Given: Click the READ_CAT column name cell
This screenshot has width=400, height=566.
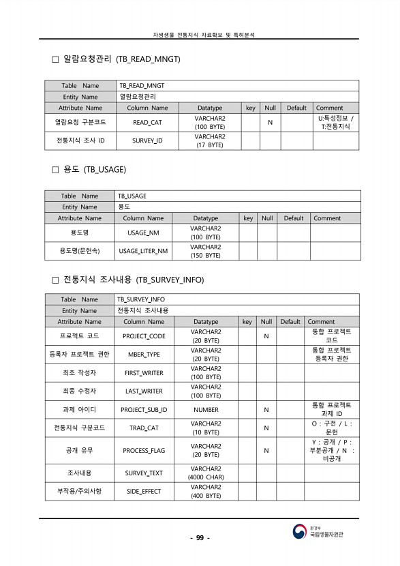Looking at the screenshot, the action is [x=147, y=123].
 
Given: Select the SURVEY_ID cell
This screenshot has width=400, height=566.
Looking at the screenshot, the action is [x=147, y=141].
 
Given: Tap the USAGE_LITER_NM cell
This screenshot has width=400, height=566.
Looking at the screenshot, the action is [x=143, y=251].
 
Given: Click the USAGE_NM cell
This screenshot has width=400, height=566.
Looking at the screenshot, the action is [x=143, y=233].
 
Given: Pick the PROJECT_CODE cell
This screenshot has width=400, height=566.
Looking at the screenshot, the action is [x=144, y=336].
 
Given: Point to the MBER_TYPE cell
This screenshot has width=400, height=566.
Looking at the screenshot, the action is [x=144, y=355].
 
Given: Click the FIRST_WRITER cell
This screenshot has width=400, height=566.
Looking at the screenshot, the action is [x=144, y=373].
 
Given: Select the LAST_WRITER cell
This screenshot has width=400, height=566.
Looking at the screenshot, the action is [x=144, y=391].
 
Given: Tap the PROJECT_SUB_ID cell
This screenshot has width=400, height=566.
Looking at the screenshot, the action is [x=144, y=410].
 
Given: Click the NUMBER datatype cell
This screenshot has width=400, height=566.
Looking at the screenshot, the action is [x=206, y=410].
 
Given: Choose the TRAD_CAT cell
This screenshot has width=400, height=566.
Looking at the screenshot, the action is [x=144, y=428].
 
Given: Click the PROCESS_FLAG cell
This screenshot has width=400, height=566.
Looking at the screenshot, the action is [x=144, y=451].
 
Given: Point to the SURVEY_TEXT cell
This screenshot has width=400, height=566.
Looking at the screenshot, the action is [x=144, y=473].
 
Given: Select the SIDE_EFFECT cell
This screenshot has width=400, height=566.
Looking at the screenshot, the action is [x=144, y=492].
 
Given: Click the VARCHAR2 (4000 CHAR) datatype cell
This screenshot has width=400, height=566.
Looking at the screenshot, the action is [x=206, y=473].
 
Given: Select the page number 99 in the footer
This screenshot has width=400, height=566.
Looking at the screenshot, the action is [x=200, y=538].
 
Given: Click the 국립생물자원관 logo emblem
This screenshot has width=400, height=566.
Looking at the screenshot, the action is [x=300, y=531].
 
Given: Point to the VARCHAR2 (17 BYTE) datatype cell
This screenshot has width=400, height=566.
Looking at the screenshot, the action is [x=210, y=141].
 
